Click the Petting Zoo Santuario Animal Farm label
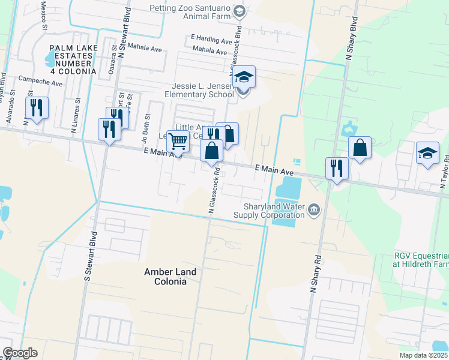click(x=190, y=12)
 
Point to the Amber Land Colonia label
click(x=170, y=277)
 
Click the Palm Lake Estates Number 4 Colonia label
click(x=73, y=59)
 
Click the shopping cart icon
click(x=178, y=142)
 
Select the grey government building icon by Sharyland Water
click(x=313, y=209)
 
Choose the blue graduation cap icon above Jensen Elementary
click(x=244, y=77)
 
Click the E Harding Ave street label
click(x=211, y=41)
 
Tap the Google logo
click(x=20, y=353)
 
